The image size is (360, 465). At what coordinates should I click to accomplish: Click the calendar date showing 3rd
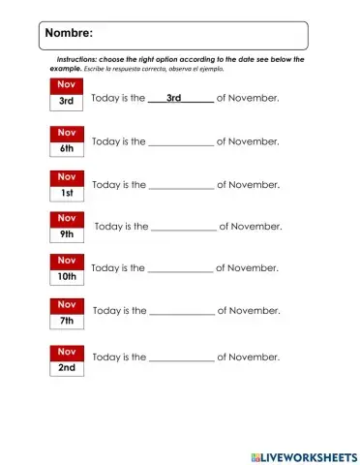click(x=67, y=101)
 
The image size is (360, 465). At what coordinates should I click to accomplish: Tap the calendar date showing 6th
click(x=67, y=149)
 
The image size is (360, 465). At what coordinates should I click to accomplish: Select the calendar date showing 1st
click(x=67, y=193)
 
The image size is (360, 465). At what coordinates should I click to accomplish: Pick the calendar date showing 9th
click(x=67, y=234)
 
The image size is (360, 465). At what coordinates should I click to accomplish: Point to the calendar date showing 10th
click(x=67, y=277)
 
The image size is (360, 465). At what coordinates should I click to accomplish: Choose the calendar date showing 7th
click(x=67, y=320)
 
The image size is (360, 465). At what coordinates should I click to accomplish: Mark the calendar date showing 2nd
click(x=67, y=368)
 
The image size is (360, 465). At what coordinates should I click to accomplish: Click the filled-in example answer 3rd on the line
click(x=174, y=98)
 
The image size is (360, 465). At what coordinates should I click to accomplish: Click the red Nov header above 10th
click(x=67, y=261)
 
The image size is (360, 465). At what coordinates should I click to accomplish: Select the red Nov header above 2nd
click(x=67, y=351)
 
